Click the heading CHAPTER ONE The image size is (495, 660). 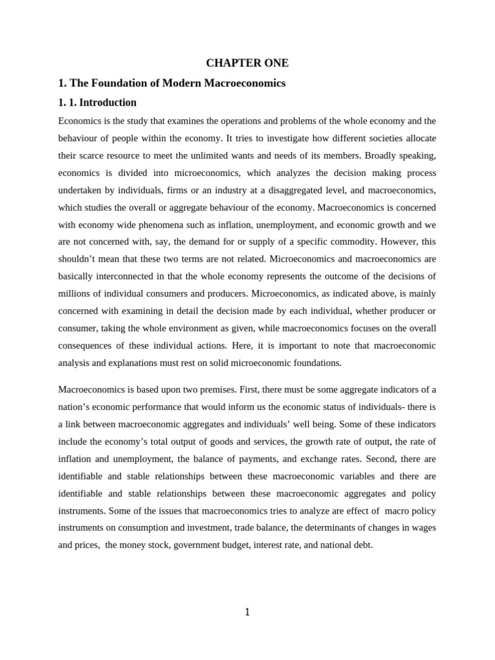point(247,63)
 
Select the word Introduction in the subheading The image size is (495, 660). point(108,102)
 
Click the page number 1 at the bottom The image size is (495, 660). point(247,612)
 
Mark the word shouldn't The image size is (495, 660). point(82,259)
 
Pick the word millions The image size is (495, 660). point(75,294)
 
